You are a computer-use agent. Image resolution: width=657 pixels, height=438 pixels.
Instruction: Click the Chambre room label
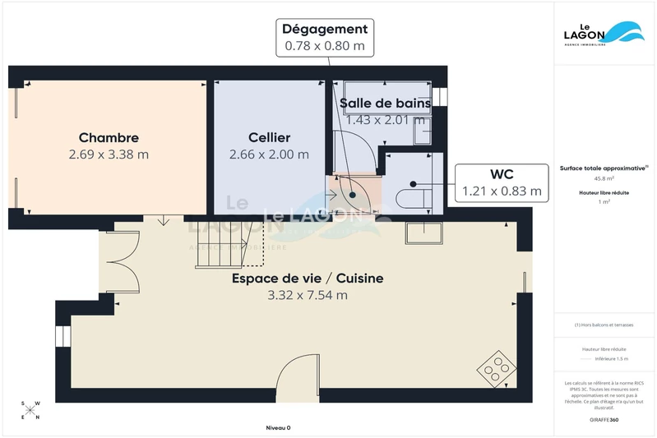pos(109,138)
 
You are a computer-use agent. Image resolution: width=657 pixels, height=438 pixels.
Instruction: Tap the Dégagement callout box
pos(324,38)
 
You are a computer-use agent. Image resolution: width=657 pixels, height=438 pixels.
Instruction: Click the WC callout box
pos(502,183)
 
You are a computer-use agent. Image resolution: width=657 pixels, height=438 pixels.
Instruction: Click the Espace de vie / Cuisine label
pos(308,279)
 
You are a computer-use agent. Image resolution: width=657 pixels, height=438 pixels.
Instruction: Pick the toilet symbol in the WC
pos(410,198)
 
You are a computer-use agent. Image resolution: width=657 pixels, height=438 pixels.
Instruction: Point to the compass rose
pos(31,410)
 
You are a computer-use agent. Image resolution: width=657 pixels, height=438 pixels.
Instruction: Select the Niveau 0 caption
pos(278,427)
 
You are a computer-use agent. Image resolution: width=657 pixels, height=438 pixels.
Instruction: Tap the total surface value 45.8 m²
pos(604,178)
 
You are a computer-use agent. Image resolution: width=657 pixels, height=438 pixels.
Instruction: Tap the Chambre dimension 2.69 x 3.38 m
pos(109,154)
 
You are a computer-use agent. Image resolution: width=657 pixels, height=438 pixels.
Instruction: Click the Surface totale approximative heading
pos(604,166)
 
